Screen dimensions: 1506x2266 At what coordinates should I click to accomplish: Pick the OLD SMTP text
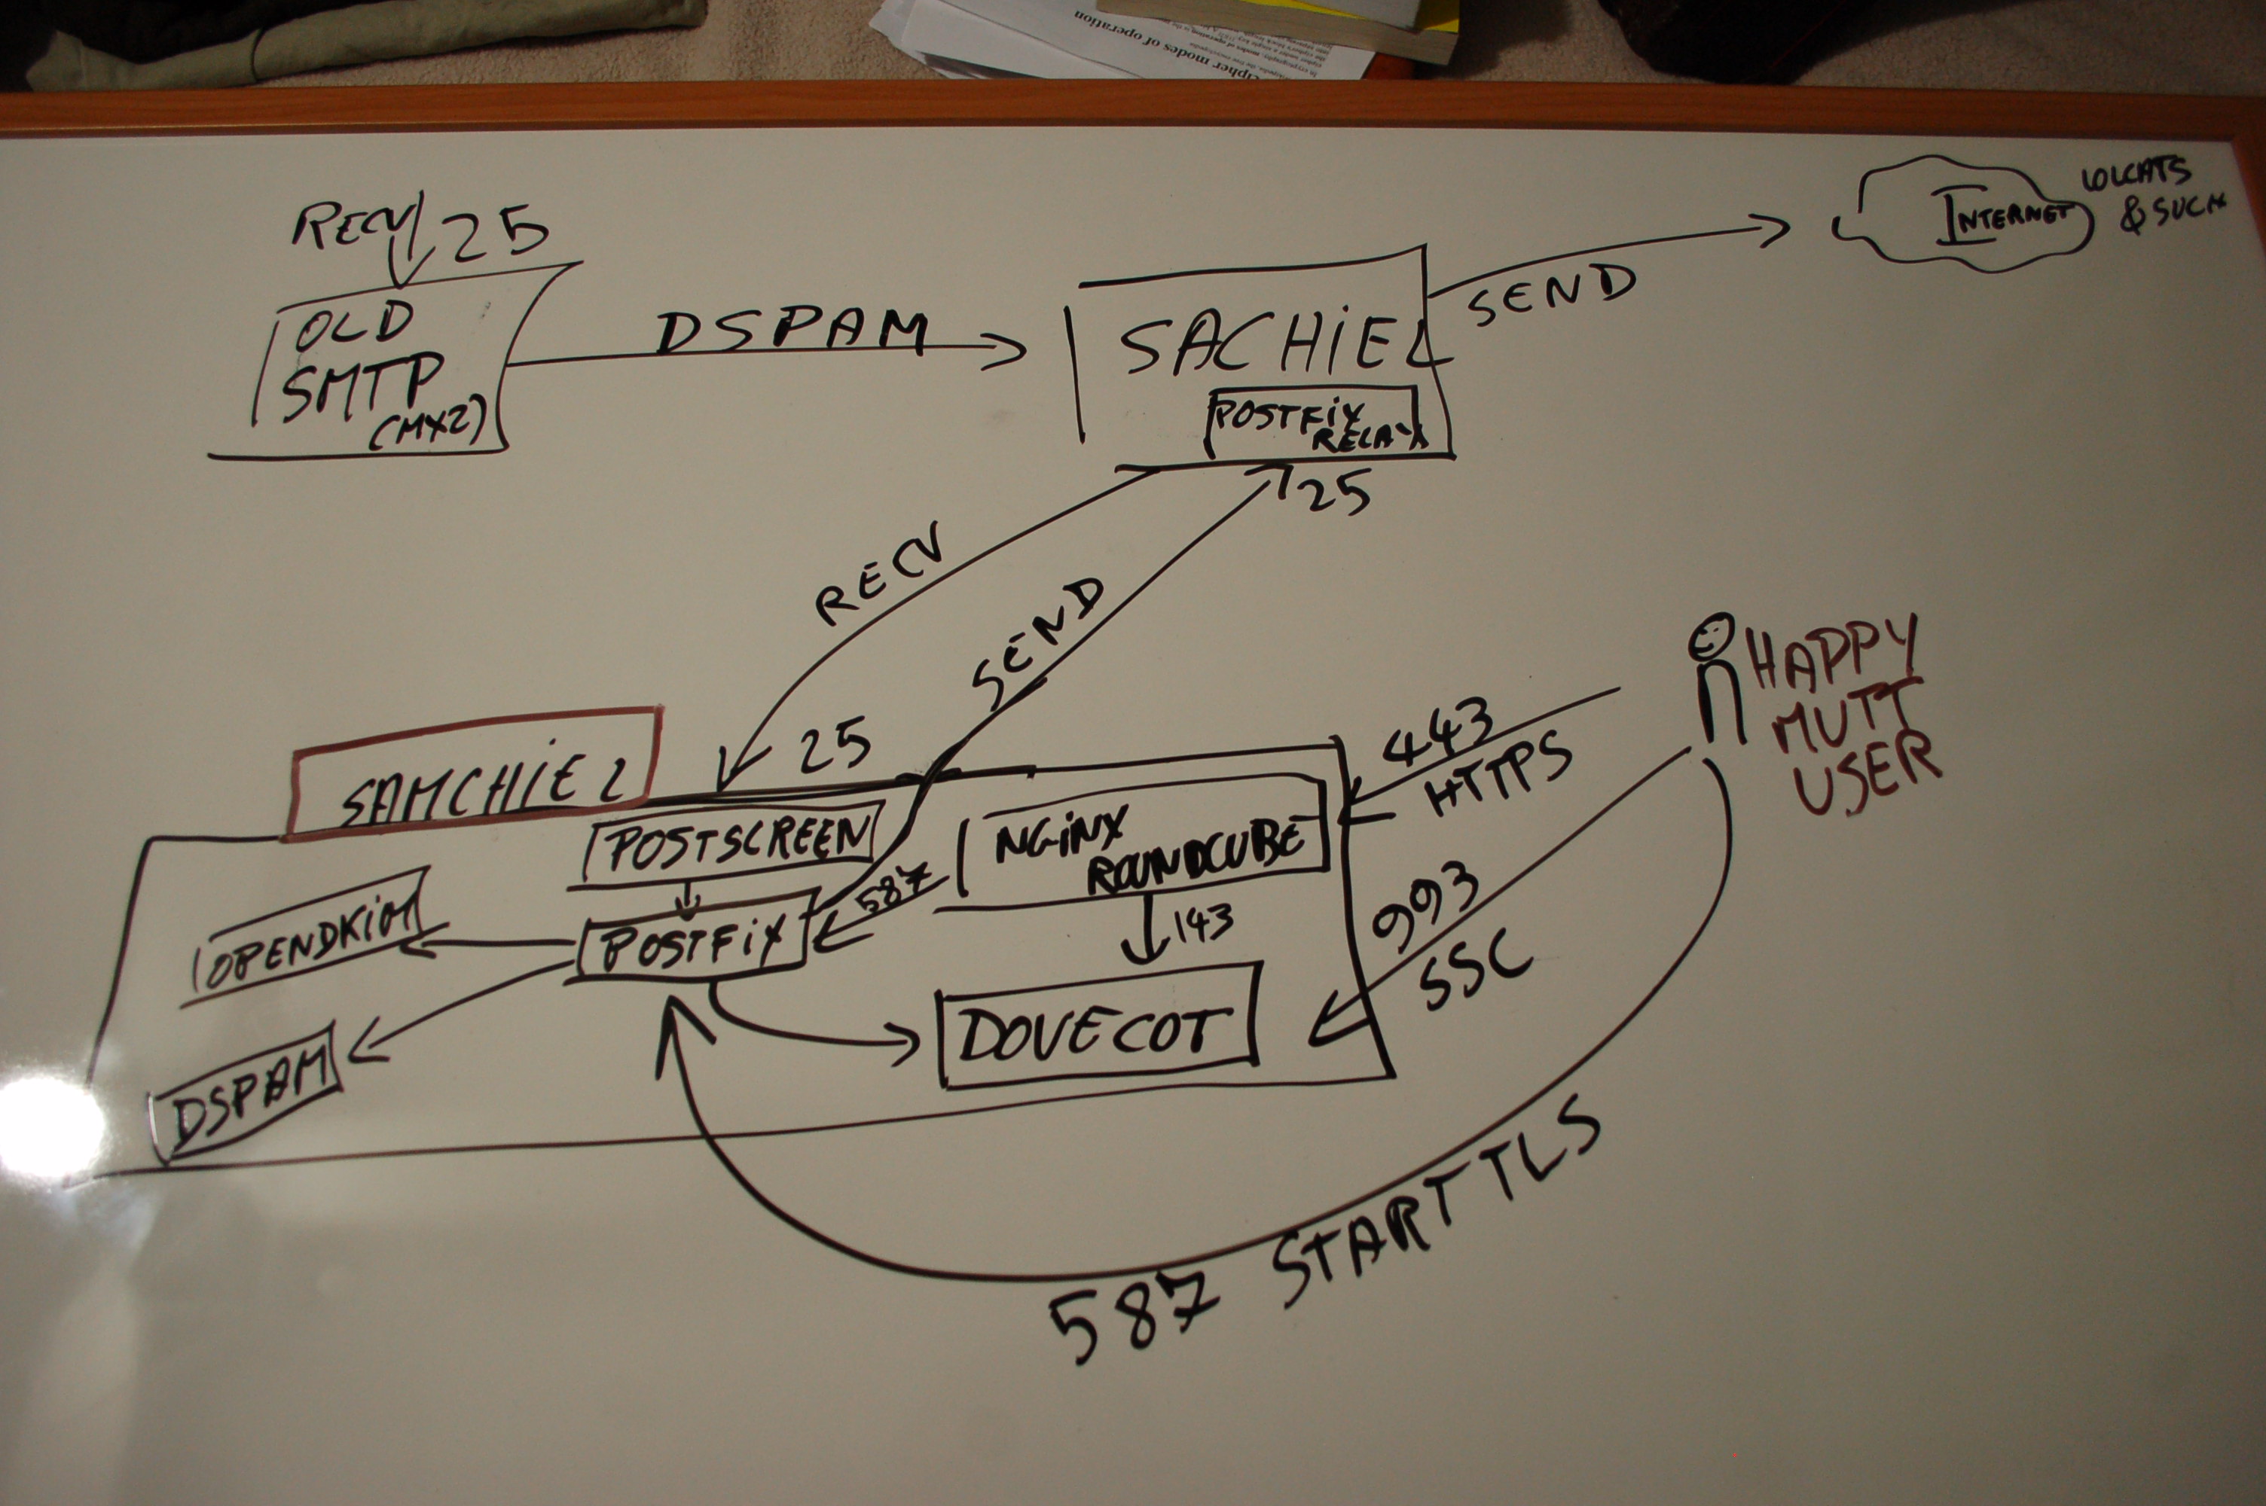click(360, 360)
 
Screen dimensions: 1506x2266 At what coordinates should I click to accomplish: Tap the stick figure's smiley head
click(1712, 636)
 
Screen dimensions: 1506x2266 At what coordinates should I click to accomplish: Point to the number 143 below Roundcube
click(1199, 924)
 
